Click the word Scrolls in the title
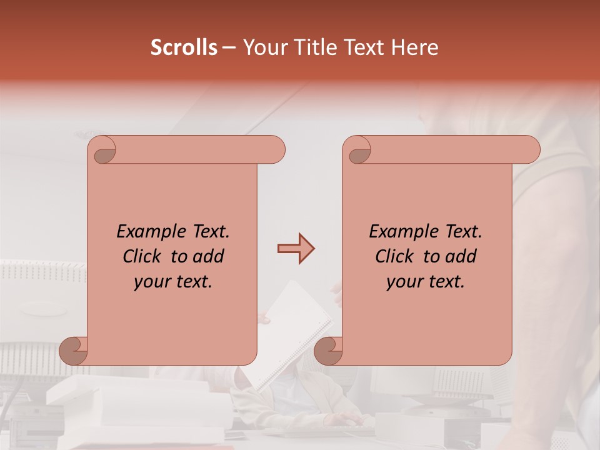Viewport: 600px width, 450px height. tap(184, 47)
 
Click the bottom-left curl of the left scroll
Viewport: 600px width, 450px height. tap(74, 351)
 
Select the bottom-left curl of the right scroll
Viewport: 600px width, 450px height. tap(328, 351)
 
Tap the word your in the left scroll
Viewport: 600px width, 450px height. tap(151, 282)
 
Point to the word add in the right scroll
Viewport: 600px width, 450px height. tap(461, 257)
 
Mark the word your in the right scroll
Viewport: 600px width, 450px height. tap(403, 282)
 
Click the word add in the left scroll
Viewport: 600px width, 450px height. tap(209, 257)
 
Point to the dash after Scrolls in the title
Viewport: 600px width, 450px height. tap(229, 48)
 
